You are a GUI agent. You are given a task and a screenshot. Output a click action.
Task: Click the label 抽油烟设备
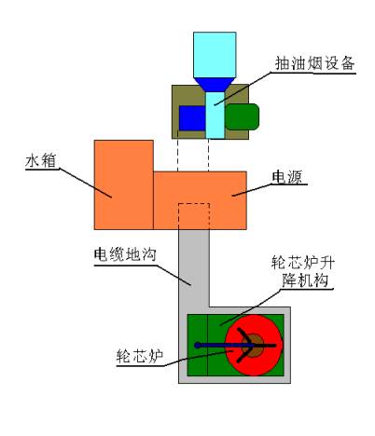[x=315, y=63]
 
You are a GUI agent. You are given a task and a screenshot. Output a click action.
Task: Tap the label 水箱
[x=41, y=161]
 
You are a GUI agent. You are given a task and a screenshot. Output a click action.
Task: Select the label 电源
[x=286, y=177]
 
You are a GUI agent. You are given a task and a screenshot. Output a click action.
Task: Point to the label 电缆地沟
[x=125, y=254]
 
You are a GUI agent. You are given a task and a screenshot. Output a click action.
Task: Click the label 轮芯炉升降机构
[x=302, y=272]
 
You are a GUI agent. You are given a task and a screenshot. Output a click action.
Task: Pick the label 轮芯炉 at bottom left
[x=140, y=356]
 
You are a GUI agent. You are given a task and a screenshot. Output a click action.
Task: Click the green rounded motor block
[x=242, y=116]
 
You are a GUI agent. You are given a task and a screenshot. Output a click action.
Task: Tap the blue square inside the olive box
[x=192, y=118]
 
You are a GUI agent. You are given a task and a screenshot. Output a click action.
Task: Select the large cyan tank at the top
[x=215, y=55]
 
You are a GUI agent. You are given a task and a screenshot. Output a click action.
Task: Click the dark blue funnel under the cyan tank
[x=215, y=85]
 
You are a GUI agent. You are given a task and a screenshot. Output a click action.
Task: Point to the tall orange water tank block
[x=124, y=184]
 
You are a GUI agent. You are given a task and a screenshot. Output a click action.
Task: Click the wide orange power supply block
[x=200, y=200]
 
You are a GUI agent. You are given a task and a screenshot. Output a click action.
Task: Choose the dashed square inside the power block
[x=194, y=216]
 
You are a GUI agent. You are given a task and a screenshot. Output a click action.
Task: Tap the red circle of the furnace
[x=254, y=346]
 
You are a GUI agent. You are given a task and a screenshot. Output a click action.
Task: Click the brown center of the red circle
[x=253, y=346]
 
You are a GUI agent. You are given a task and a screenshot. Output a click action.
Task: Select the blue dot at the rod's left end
[x=197, y=345]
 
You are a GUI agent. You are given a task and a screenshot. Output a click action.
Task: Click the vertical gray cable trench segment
[x=194, y=268]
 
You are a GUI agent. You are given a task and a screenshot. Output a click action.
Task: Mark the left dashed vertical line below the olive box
[x=177, y=155]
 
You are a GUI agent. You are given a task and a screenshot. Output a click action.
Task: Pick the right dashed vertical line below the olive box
[x=208, y=155]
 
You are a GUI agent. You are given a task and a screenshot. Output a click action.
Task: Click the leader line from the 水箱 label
[x=85, y=183]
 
